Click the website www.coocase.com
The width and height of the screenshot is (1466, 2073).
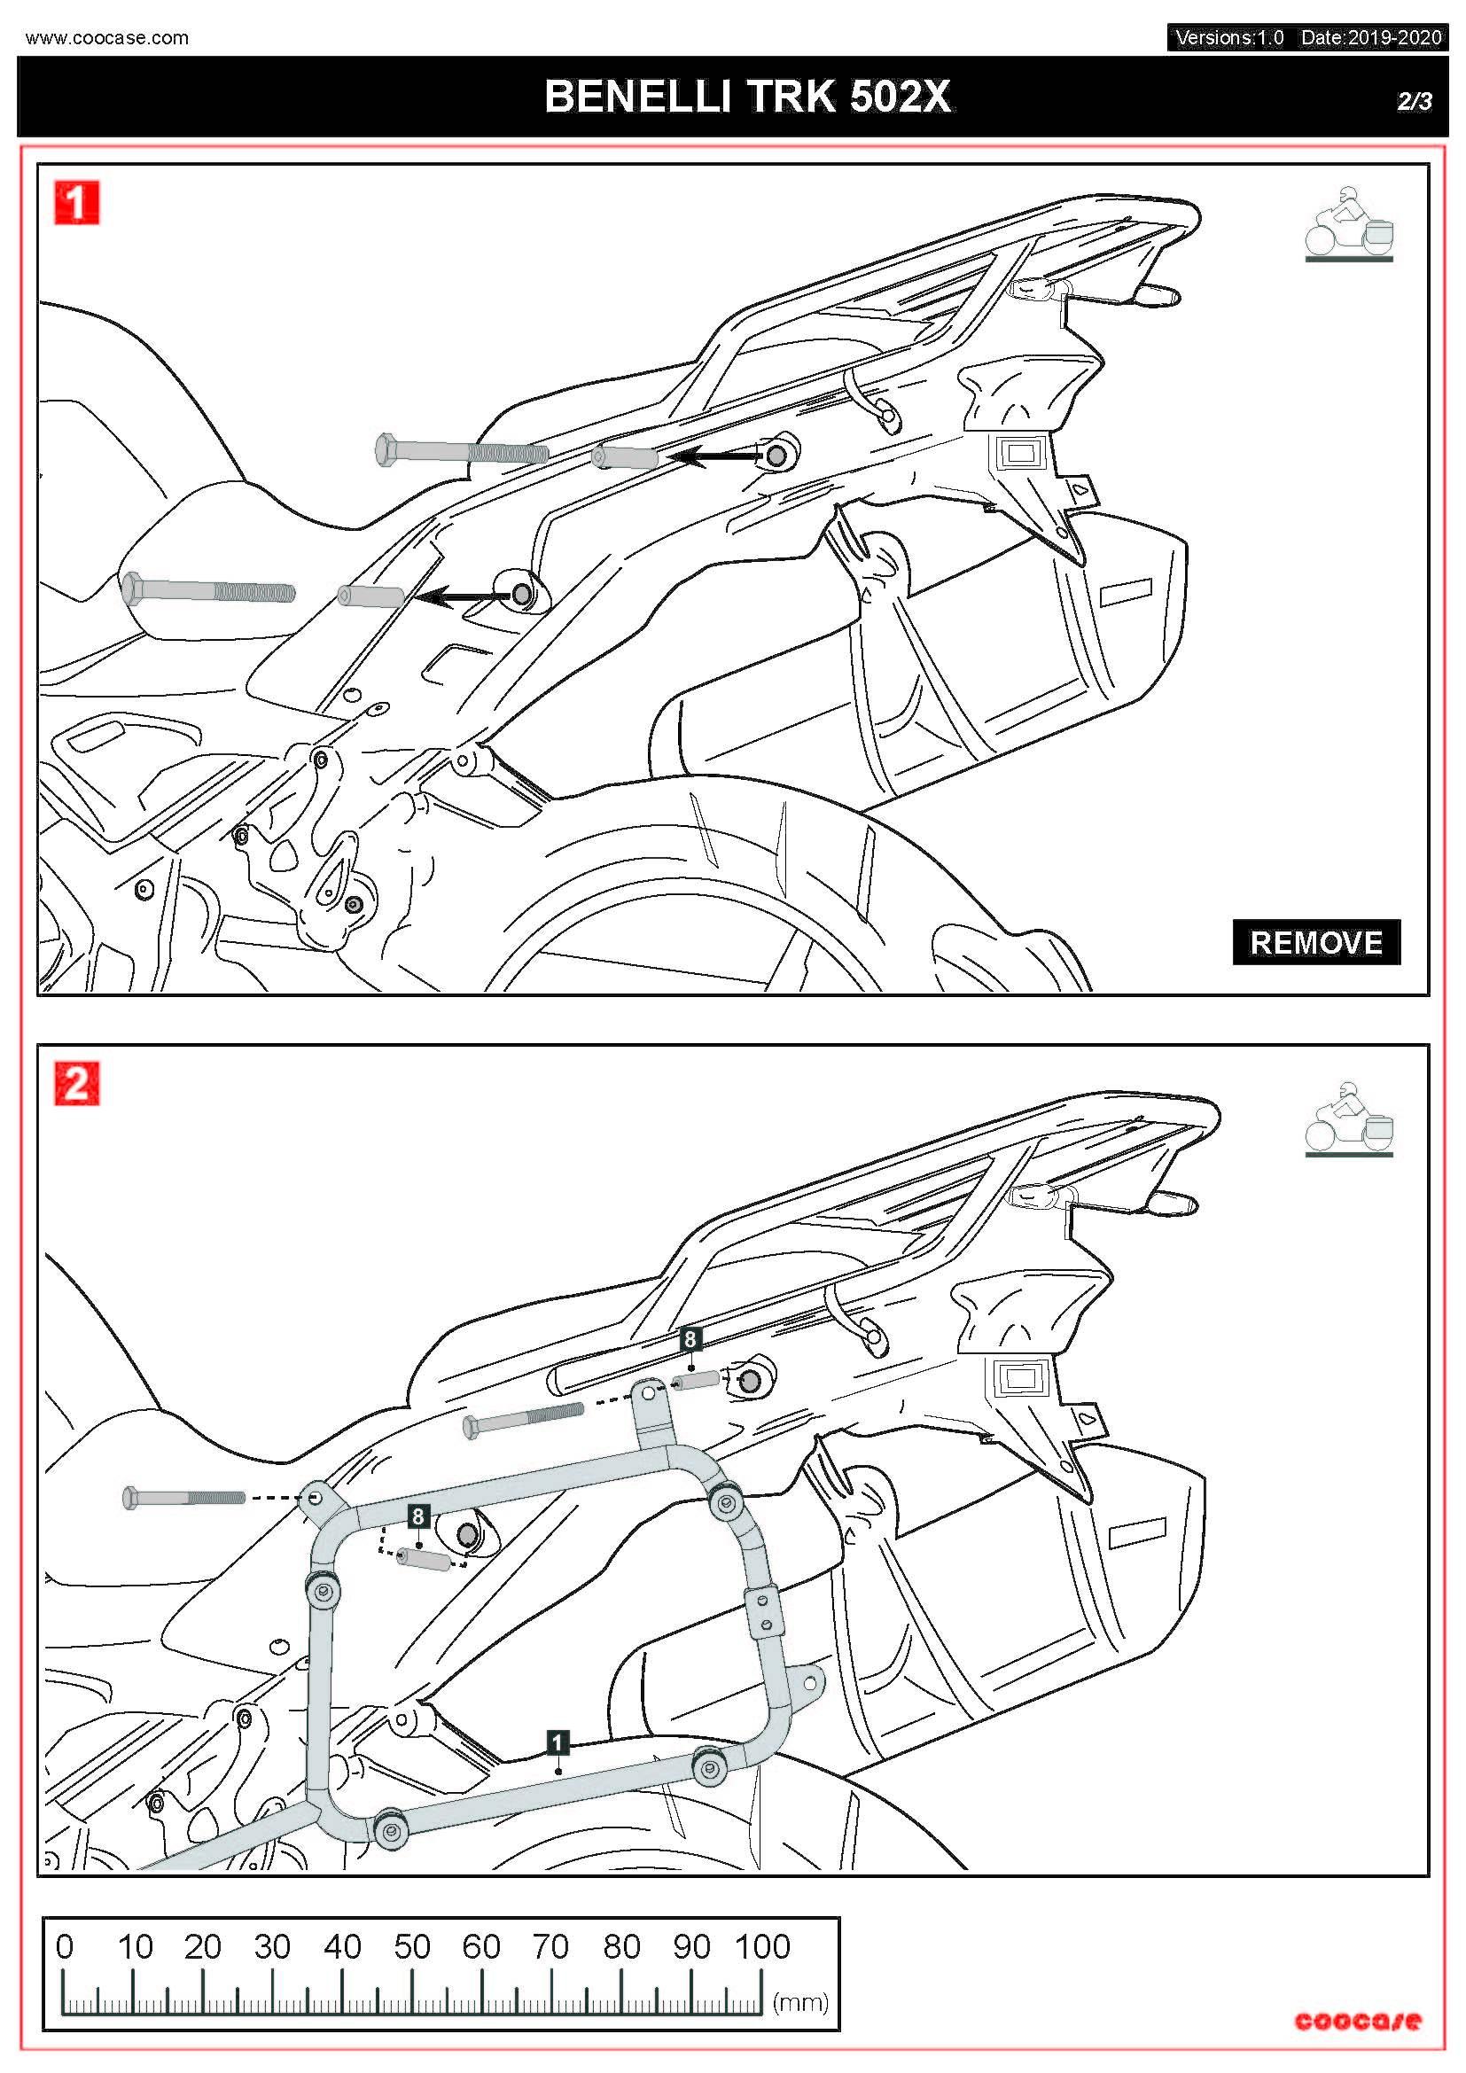point(107,38)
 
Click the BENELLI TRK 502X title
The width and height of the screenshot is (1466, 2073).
point(747,97)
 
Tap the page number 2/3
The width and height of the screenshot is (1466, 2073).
point(1414,101)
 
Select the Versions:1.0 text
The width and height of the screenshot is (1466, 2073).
point(1228,38)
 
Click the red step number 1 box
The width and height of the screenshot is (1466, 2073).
point(77,202)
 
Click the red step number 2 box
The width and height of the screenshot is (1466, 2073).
point(77,1083)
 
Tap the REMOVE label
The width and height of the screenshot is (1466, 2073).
point(1315,943)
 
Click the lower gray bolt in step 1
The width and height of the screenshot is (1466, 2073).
point(207,591)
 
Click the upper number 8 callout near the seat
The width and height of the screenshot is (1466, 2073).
point(690,1339)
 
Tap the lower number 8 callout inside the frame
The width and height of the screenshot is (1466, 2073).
point(417,1516)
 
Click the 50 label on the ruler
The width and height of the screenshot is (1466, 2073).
point(411,1946)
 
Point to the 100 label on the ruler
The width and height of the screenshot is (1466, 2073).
point(763,1946)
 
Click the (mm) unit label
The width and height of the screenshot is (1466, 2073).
point(799,2003)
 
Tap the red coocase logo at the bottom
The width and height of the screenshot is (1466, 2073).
point(1357,2022)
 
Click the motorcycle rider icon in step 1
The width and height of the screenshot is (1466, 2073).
point(1349,226)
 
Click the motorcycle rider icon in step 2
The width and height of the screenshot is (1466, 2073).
point(1349,1119)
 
